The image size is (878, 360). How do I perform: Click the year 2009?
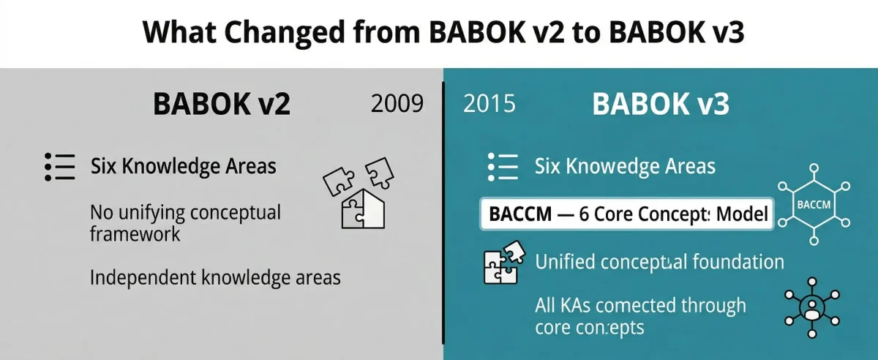point(397,104)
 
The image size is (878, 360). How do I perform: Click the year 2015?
point(489,104)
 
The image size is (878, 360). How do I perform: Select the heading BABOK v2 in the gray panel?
point(222,104)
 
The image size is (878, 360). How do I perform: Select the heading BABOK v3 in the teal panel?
point(660,104)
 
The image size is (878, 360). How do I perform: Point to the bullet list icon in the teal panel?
point(503,167)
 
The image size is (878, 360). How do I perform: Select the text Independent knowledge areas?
point(215,278)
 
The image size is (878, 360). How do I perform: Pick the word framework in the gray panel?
point(135,235)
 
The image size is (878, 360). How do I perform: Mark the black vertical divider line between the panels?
point(443,212)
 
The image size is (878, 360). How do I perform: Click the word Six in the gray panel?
point(105,166)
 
